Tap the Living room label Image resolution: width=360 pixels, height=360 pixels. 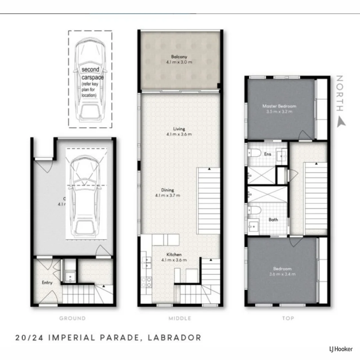tap(179, 129)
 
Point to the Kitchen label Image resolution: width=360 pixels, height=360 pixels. tap(174, 254)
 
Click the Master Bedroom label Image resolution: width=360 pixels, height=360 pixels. tap(279, 106)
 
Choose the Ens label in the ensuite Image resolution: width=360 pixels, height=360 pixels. tap(268, 154)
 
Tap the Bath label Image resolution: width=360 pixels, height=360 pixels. tap(273, 220)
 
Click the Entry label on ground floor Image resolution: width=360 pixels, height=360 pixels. tap(47, 283)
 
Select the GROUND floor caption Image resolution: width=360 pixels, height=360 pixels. tap(72, 318)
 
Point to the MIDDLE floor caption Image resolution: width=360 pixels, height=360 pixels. tap(180, 318)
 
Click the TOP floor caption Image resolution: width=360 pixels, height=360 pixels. tap(288, 318)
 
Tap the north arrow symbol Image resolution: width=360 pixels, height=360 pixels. tap(341, 122)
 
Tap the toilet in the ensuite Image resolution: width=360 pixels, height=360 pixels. tap(254, 153)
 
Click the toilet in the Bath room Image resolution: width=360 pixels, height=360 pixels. tap(254, 211)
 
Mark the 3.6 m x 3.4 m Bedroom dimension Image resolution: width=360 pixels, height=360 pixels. tap(282, 274)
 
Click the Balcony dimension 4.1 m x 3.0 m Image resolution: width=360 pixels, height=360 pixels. tap(179, 62)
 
